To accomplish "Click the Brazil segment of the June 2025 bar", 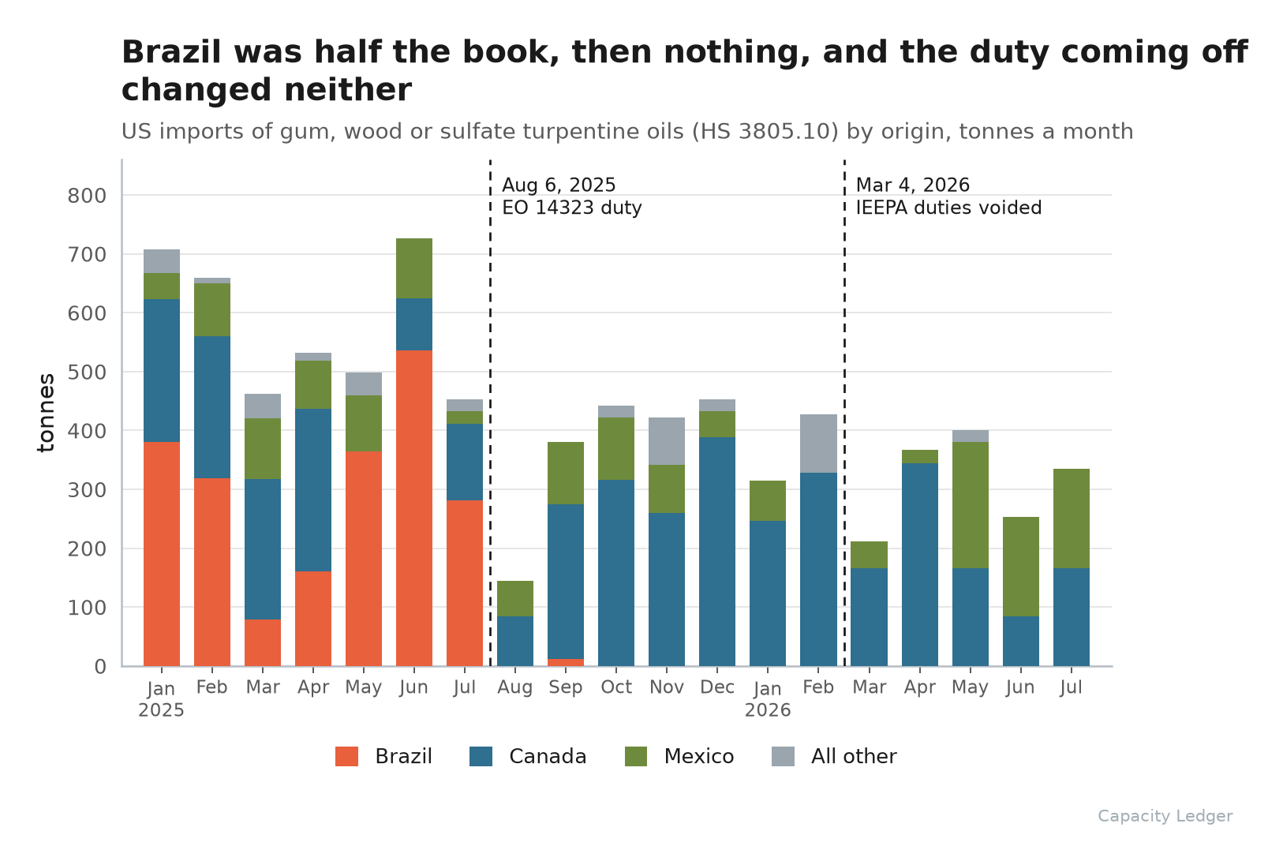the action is pyautogui.click(x=414, y=508).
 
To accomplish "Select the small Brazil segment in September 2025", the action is pyautogui.click(x=566, y=663).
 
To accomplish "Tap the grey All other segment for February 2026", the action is pyautogui.click(x=818, y=444).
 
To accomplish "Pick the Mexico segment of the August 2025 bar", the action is pyautogui.click(x=515, y=599).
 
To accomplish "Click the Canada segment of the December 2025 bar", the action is pyautogui.click(x=717, y=552).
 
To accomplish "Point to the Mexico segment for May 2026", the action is pyautogui.click(x=971, y=505).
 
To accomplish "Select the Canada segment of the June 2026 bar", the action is pyautogui.click(x=1021, y=642).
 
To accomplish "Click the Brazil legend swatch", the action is pyautogui.click(x=347, y=757).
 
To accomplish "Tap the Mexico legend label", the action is pyautogui.click(x=699, y=757).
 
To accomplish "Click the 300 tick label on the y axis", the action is pyautogui.click(x=87, y=490).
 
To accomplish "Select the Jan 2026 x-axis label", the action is pyautogui.click(x=768, y=699).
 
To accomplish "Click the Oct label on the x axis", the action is pyautogui.click(x=616, y=687).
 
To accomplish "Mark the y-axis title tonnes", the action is pyautogui.click(x=46, y=413).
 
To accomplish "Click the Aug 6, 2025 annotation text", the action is pyautogui.click(x=559, y=185).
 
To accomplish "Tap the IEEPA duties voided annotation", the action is pyautogui.click(x=949, y=208).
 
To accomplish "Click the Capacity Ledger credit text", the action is pyautogui.click(x=1165, y=816).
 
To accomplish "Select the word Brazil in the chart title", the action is pyautogui.click(x=171, y=53).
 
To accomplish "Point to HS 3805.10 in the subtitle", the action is pyautogui.click(x=761, y=132).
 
